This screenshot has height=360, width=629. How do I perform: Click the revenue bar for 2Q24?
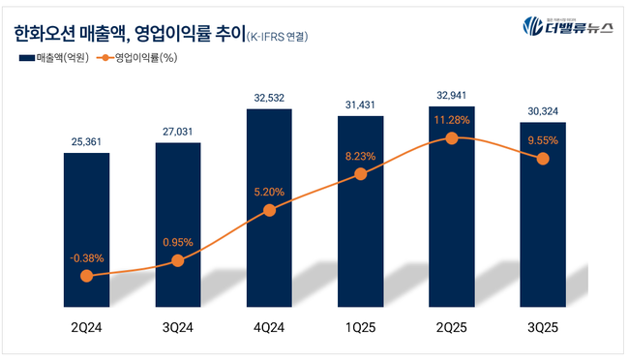tap(86, 223)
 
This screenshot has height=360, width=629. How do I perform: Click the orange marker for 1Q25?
tap(360, 174)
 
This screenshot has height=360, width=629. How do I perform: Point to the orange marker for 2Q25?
tap(451, 138)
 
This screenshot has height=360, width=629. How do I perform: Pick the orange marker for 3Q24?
tap(178, 260)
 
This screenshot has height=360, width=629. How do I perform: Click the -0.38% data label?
tap(86, 257)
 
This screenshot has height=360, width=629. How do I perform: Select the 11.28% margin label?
tap(451, 120)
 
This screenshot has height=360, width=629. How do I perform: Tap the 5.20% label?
tap(269, 192)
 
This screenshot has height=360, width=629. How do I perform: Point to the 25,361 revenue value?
tap(86, 141)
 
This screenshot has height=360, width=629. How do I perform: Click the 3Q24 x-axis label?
tap(178, 327)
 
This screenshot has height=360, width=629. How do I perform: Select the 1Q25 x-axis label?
tap(360, 327)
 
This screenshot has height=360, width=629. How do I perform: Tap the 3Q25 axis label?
tap(543, 327)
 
